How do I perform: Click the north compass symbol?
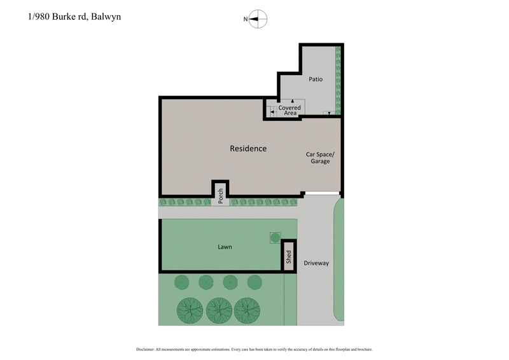tap(258, 19)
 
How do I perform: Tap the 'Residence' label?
tap(248, 148)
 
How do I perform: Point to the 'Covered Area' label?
tap(289, 110)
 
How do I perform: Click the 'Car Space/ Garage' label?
tap(320, 157)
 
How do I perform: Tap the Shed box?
tap(288, 256)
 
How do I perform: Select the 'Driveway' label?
tap(316, 263)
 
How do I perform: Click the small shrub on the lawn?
tap(275, 237)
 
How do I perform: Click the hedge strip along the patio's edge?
tap(338, 80)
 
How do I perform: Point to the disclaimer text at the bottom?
tap(254, 349)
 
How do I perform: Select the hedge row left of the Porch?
tap(185, 202)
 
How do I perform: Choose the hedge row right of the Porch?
tap(264, 202)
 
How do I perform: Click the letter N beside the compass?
tap(246, 19)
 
